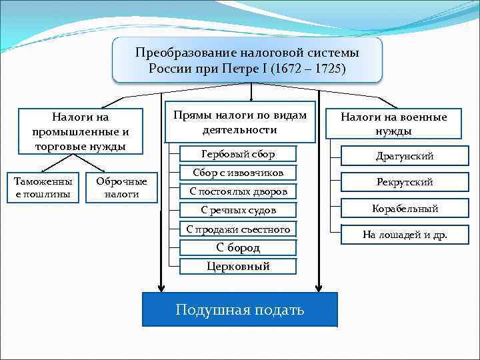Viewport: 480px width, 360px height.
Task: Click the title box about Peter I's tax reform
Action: [247, 60]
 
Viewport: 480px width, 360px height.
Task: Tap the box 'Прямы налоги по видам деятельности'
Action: [239, 123]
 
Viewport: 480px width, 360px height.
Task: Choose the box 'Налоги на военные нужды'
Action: [394, 123]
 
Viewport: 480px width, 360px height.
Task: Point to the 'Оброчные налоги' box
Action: [122, 188]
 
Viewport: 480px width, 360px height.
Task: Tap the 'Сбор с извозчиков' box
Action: [237, 173]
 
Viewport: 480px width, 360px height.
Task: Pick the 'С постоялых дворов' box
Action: [237, 191]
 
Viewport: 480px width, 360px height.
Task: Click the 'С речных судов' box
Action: [238, 210]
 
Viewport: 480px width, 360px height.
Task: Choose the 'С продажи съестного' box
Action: [238, 229]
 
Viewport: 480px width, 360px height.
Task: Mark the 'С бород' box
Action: [238, 247]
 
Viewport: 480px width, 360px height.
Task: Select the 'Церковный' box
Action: [238, 266]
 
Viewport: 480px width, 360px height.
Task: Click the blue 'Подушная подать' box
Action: [240, 309]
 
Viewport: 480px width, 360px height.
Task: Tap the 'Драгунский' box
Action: [405, 156]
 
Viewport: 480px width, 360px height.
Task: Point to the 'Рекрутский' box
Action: [405, 182]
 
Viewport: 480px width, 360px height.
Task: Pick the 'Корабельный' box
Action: [405, 209]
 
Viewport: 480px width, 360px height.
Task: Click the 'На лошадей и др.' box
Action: [405, 235]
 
